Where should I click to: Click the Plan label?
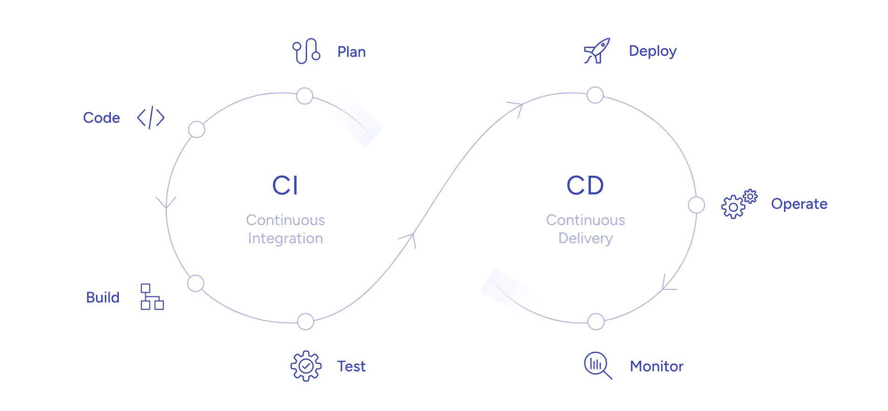[351, 52]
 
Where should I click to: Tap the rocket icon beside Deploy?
[597, 51]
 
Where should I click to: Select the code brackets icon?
[151, 118]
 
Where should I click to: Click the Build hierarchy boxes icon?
[152, 297]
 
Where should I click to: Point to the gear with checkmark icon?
[306, 366]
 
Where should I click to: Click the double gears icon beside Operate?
[739, 204]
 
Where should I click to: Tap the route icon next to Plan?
[306, 51]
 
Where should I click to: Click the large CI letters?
[285, 185]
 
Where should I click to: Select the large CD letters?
[585, 185]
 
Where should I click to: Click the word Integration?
[285, 238]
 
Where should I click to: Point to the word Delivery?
[585, 238]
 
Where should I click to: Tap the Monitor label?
[656, 366]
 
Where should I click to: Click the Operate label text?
[799, 204]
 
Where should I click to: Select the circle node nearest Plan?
[305, 96]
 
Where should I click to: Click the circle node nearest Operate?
[696, 205]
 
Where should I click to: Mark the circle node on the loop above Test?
[306, 322]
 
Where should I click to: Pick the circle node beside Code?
[197, 130]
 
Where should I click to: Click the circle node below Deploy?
[595, 95]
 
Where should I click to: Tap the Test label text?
[351, 366]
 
